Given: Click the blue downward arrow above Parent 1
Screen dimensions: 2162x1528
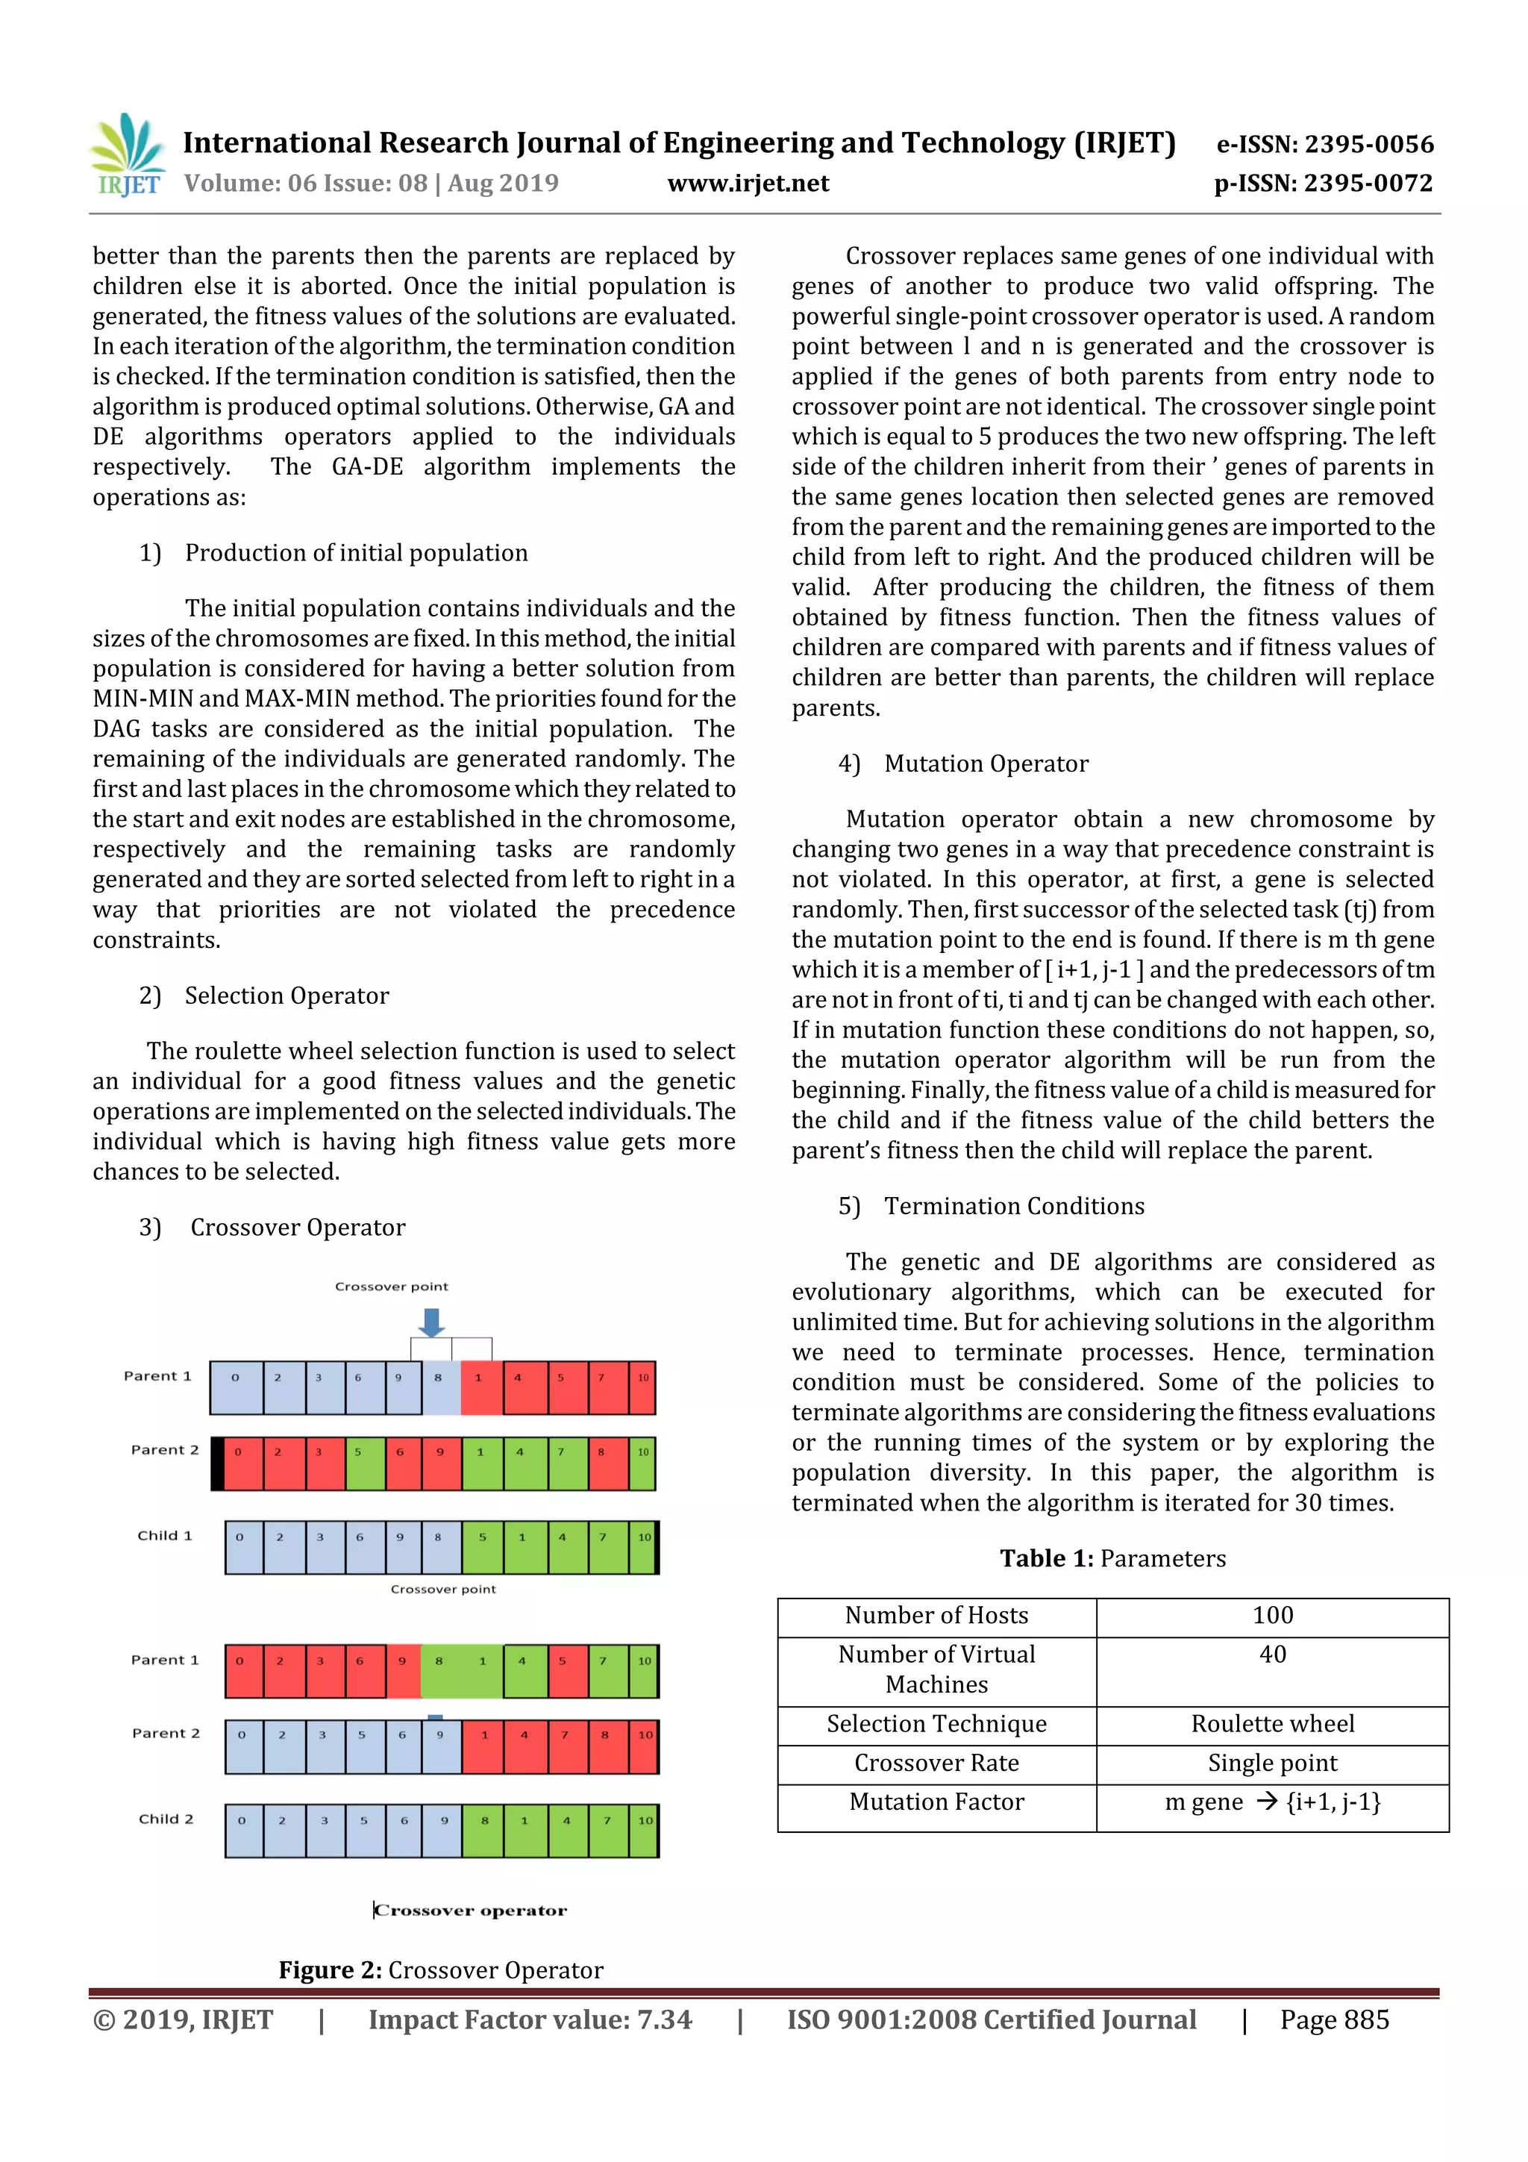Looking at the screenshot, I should [431, 1322].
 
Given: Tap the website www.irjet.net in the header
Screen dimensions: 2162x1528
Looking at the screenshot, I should [748, 184].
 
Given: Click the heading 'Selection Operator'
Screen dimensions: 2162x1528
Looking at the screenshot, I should [286, 996].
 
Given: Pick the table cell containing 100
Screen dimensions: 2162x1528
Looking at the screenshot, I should [1272, 1615].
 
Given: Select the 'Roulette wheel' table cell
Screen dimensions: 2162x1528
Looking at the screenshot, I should [1272, 1723].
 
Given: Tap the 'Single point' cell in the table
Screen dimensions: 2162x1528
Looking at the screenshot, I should [1272, 1763].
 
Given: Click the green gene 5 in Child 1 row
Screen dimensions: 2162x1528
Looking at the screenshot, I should [482, 1537].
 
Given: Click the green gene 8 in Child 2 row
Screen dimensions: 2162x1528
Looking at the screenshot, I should [485, 1821].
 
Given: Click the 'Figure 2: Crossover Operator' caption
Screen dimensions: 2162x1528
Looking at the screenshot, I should [441, 1970].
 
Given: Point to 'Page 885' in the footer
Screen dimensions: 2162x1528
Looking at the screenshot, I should [1333, 2019].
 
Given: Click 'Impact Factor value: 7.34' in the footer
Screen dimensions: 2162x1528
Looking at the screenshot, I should [529, 2019].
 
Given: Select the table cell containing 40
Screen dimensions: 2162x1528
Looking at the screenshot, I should [1272, 1655].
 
